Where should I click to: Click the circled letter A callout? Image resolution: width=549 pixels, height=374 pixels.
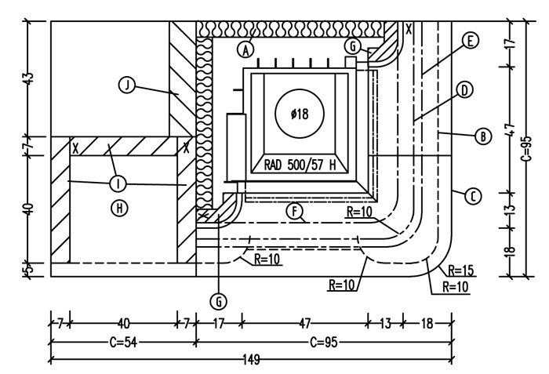pyautogui.click(x=245, y=49)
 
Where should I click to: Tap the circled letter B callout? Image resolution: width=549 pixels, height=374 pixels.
pyautogui.click(x=483, y=136)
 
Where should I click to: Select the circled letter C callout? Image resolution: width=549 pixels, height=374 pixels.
pyautogui.click(x=473, y=196)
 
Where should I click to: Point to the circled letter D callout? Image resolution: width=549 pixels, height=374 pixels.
pyautogui.click(x=464, y=90)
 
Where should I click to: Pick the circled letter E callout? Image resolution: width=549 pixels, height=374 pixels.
pyautogui.click(x=470, y=40)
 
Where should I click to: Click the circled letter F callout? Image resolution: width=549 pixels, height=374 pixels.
pyautogui.click(x=295, y=211)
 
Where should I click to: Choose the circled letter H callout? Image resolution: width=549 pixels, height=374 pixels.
pyautogui.click(x=119, y=209)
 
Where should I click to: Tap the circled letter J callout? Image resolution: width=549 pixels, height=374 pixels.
pyautogui.click(x=127, y=85)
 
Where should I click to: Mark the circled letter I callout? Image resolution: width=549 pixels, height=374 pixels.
pyautogui.click(x=118, y=183)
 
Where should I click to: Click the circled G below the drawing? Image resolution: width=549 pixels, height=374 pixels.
pyautogui.click(x=219, y=301)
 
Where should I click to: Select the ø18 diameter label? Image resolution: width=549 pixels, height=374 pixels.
pyautogui.click(x=300, y=114)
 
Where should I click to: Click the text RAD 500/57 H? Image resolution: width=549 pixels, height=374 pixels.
pyautogui.click(x=300, y=165)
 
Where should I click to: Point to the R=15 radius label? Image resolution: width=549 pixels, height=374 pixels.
pyautogui.click(x=461, y=271)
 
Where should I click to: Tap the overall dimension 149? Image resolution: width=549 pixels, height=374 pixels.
pyautogui.click(x=251, y=360)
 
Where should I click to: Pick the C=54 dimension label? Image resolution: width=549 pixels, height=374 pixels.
pyautogui.click(x=123, y=342)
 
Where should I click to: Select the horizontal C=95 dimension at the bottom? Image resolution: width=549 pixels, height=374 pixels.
pyautogui.click(x=324, y=342)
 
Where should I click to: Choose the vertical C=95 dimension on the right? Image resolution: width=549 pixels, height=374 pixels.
pyautogui.click(x=527, y=148)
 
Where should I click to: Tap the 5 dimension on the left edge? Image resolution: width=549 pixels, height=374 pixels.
pyautogui.click(x=30, y=269)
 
